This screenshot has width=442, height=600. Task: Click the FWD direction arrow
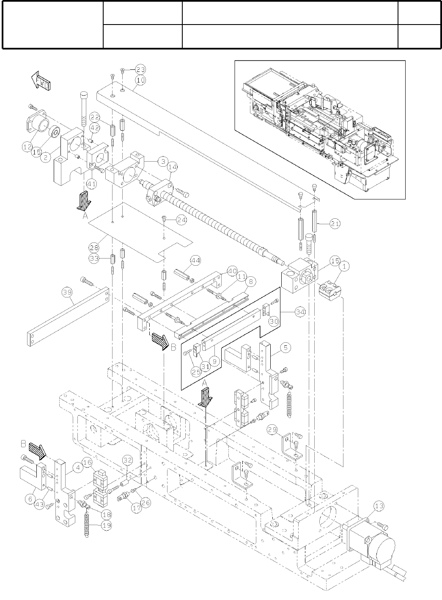(x=41, y=80)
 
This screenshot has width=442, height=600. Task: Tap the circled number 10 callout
(x=140, y=80)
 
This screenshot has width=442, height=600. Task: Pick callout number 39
(x=66, y=292)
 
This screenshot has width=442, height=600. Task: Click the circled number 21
(x=335, y=224)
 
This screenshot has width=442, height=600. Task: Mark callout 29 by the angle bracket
(x=273, y=430)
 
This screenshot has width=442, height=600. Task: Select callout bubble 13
(x=379, y=505)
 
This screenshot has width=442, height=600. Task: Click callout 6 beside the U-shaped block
(x=29, y=499)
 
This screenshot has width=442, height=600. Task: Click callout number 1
(x=345, y=267)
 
